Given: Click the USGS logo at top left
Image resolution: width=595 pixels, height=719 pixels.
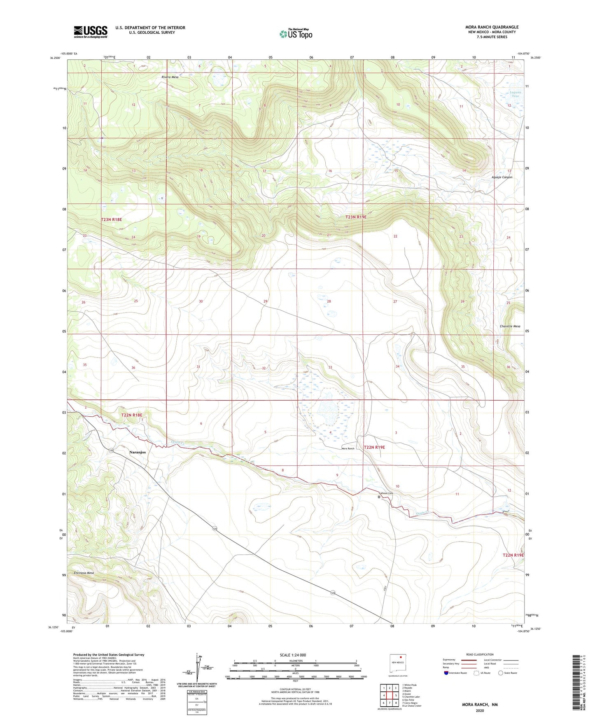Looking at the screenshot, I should pos(91,32).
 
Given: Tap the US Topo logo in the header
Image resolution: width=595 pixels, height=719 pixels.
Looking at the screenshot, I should pos(295,33).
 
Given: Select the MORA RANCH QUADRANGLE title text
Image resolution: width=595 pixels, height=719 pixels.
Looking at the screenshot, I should pos(492,27).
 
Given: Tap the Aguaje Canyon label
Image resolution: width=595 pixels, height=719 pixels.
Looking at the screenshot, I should pos(502,177).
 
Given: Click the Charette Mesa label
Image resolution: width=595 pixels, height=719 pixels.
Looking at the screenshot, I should pos(510,326).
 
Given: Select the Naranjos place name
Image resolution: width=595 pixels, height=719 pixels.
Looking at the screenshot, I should pos(138,452).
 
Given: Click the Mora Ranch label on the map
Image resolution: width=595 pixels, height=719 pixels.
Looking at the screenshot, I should pos(348,448).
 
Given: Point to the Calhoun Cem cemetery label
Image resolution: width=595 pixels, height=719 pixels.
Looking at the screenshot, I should pos(386,493).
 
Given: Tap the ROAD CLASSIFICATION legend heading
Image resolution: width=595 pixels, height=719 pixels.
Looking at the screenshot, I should pos(480,654).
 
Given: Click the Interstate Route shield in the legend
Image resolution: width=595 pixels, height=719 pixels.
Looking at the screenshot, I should pos(446,673).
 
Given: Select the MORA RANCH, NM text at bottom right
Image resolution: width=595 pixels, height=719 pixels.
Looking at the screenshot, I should pos(480,705).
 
